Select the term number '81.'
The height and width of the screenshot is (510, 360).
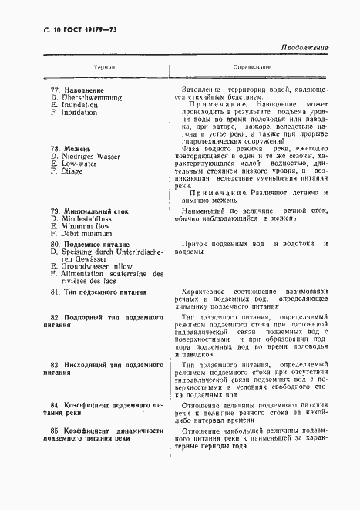(55, 292)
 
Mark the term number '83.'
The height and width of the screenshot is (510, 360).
(55, 363)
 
